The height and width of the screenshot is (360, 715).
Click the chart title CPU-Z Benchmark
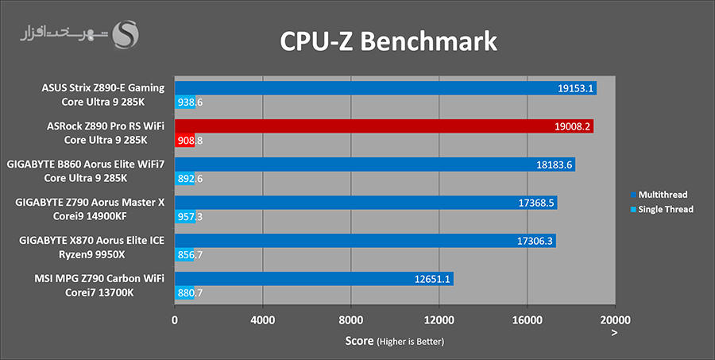click(388, 41)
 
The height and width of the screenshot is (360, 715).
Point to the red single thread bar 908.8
click(184, 141)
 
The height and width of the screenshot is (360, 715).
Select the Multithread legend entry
click(659, 195)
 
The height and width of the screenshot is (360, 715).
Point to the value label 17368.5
click(535, 203)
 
